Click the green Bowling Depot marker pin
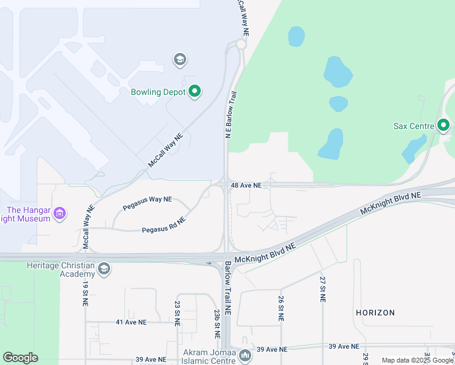[195, 92]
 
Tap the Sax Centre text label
[413, 126]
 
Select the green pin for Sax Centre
[443, 126]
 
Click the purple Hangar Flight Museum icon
[60, 214]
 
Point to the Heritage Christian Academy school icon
[104, 269]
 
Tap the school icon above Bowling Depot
[179, 59]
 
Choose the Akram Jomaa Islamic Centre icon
[245, 355]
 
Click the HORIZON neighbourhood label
[375, 313]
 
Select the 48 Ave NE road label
[246, 185]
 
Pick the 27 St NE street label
[322, 290]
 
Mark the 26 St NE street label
[281, 308]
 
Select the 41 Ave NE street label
[131, 322]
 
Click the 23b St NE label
[217, 323]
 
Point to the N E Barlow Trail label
[231, 115]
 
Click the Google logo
[20, 358]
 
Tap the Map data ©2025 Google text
[417, 360]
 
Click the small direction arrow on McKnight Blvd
[209, 263]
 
